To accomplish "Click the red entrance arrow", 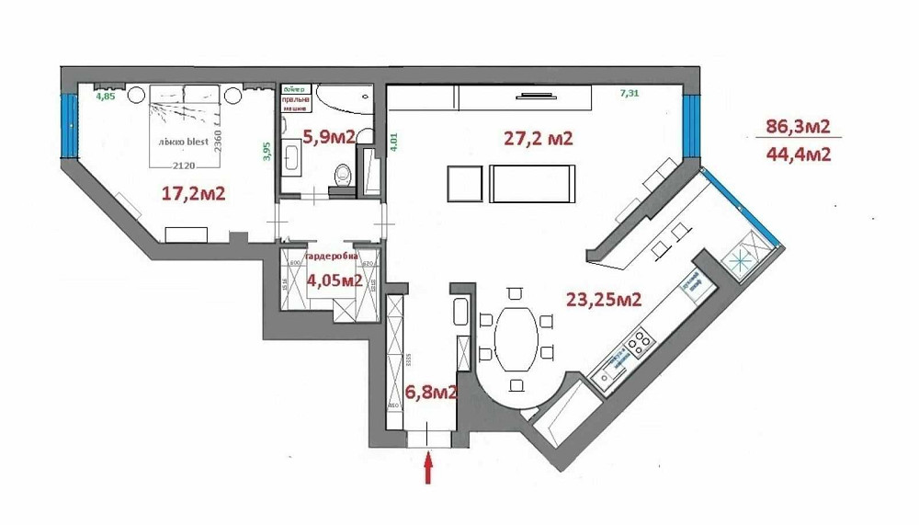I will pyautogui.click(x=428, y=469).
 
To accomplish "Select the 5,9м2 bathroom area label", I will pyautogui.click(x=329, y=137).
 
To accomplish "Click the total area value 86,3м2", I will pyautogui.click(x=798, y=127).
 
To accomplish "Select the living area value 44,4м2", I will pyautogui.click(x=798, y=154).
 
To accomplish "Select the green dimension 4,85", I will pyautogui.click(x=106, y=95).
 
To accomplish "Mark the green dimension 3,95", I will pyautogui.click(x=267, y=151).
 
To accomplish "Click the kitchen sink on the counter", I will pyautogui.click(x=607, y=371).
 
